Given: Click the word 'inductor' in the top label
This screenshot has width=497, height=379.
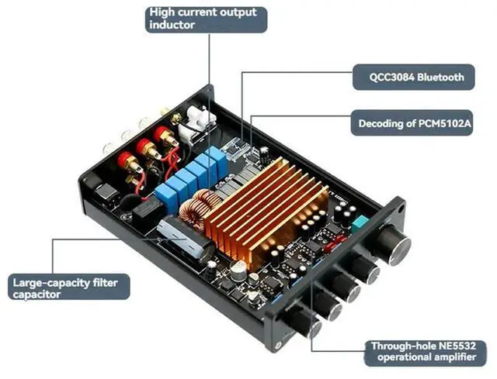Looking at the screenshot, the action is click(x=172, y=26).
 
